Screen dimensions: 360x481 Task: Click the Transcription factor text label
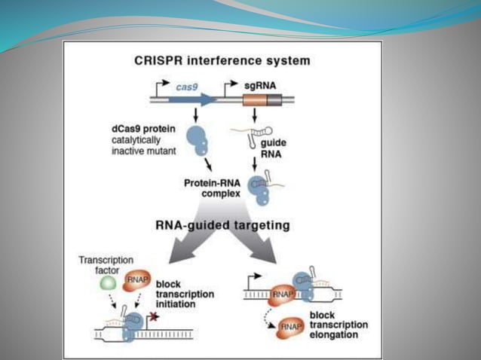pyautogui.click(x=106, y=265)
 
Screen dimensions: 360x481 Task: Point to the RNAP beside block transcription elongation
pyautogui.click(x=289, y=327)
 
